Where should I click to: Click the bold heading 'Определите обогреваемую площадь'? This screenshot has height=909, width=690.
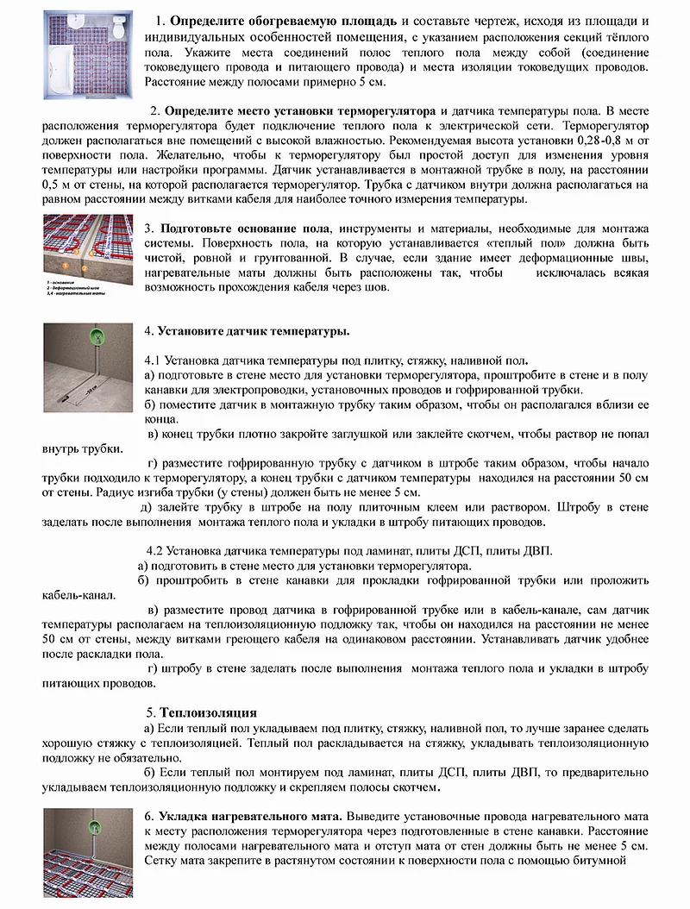coord(285,20)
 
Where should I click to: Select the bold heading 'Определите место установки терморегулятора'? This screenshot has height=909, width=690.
coord(301,112)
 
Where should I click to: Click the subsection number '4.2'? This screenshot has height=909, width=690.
coord(156,550)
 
